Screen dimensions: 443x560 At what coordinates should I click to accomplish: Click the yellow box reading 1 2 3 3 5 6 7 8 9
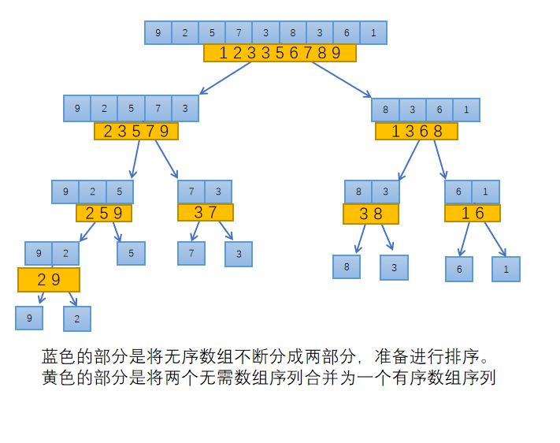280,53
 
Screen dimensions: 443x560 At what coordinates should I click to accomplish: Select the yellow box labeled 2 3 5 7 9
136,131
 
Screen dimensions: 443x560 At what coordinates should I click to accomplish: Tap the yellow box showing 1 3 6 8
417,131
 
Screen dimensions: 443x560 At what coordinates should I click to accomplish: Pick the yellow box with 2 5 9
104,213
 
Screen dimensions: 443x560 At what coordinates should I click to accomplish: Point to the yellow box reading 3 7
205,212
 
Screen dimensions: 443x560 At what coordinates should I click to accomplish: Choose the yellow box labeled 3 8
371,214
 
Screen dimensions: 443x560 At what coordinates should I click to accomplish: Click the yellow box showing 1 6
473,213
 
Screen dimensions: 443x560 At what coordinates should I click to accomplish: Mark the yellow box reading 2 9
49,280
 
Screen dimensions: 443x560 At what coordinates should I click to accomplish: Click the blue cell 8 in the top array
292,32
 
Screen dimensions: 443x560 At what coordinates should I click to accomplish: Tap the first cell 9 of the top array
158,32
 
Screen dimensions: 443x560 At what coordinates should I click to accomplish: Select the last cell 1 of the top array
373,32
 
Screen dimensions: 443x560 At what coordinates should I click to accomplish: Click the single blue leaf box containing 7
191,253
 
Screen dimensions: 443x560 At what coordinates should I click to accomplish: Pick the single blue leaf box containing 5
131,253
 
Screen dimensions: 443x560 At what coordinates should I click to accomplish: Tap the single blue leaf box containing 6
459,269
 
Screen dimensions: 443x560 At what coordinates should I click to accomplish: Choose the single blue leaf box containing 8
347,266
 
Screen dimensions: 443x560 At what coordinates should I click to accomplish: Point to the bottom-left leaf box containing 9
29,318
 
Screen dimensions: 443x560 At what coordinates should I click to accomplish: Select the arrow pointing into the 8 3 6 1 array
342,79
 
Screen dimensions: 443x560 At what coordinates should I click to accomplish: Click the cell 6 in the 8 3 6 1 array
439,110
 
